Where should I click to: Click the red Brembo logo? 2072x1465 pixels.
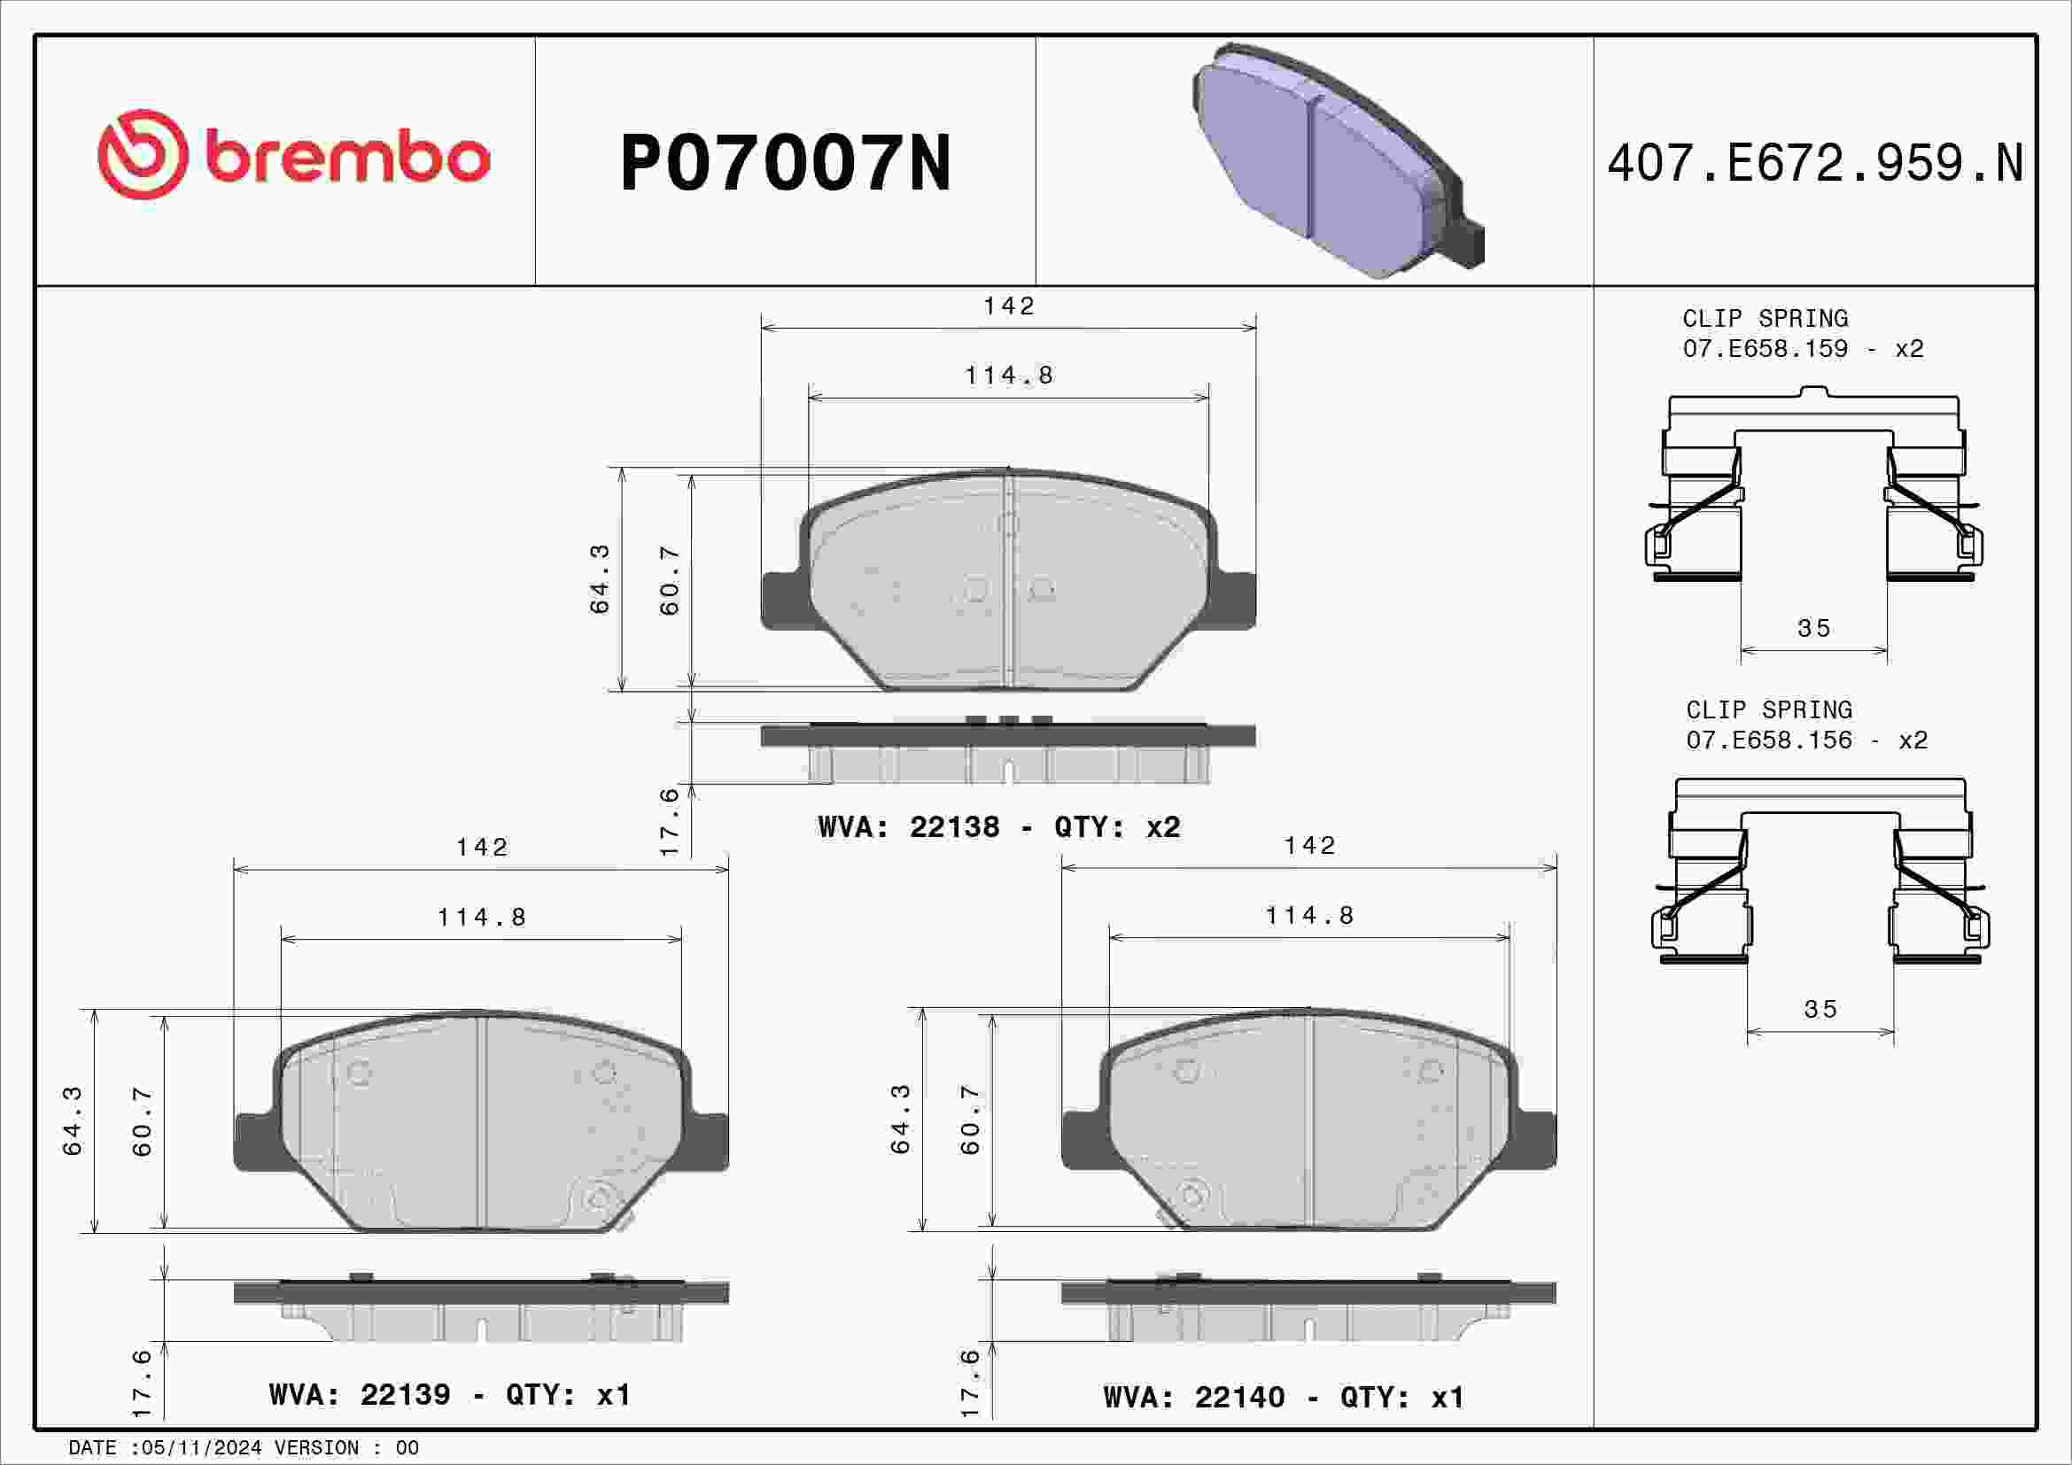point(294,154)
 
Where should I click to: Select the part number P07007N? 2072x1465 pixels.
point(785,163)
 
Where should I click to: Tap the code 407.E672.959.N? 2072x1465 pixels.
point(1815,163)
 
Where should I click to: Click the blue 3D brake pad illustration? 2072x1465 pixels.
point(1339,160)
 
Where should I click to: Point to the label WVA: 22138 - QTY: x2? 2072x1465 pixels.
point(999,827)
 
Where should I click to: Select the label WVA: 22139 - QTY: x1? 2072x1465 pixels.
point(449,1395)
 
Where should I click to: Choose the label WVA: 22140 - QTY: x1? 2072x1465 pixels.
point(1284,1398)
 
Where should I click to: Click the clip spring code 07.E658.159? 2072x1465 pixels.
point(1765,348)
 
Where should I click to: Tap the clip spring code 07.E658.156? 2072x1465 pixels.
point(1769,740)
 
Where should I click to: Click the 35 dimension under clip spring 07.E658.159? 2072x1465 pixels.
point(1814,628)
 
